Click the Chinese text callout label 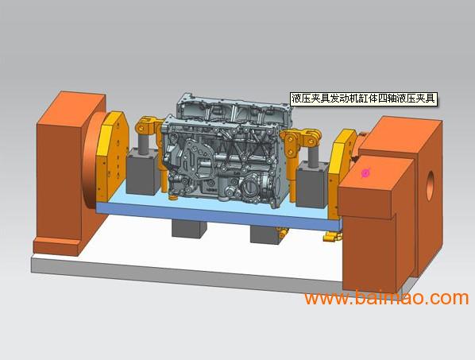coord(364,99)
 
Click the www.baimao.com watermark coord(387,297)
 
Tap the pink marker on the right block coord(366,173)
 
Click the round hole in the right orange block coord(430,185)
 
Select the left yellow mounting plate coord(112,157)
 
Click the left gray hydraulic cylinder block coord(142,171)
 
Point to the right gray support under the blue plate coord(265,235)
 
